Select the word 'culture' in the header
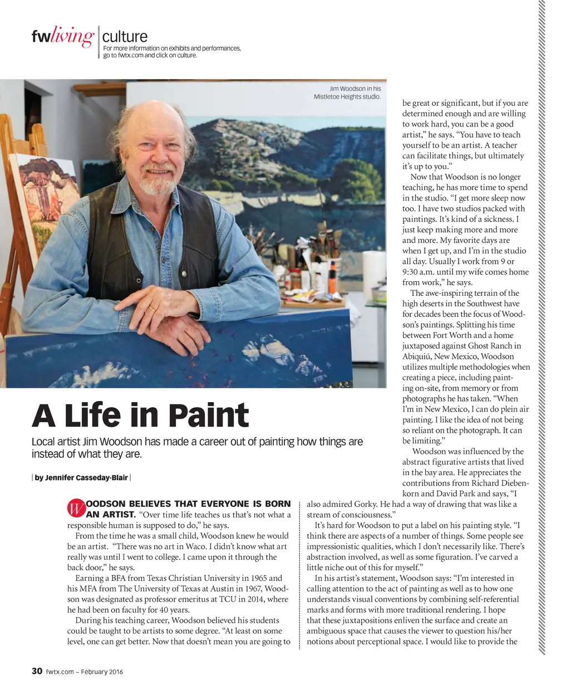[x=125, y=37]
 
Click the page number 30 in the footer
[x=37, y=671]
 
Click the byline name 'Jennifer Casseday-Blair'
[x=81, y=477]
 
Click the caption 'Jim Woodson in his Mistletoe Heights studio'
[x=348, y=92]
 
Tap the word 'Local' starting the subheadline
[x=44, y=442]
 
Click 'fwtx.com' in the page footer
[x=60, y=672]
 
